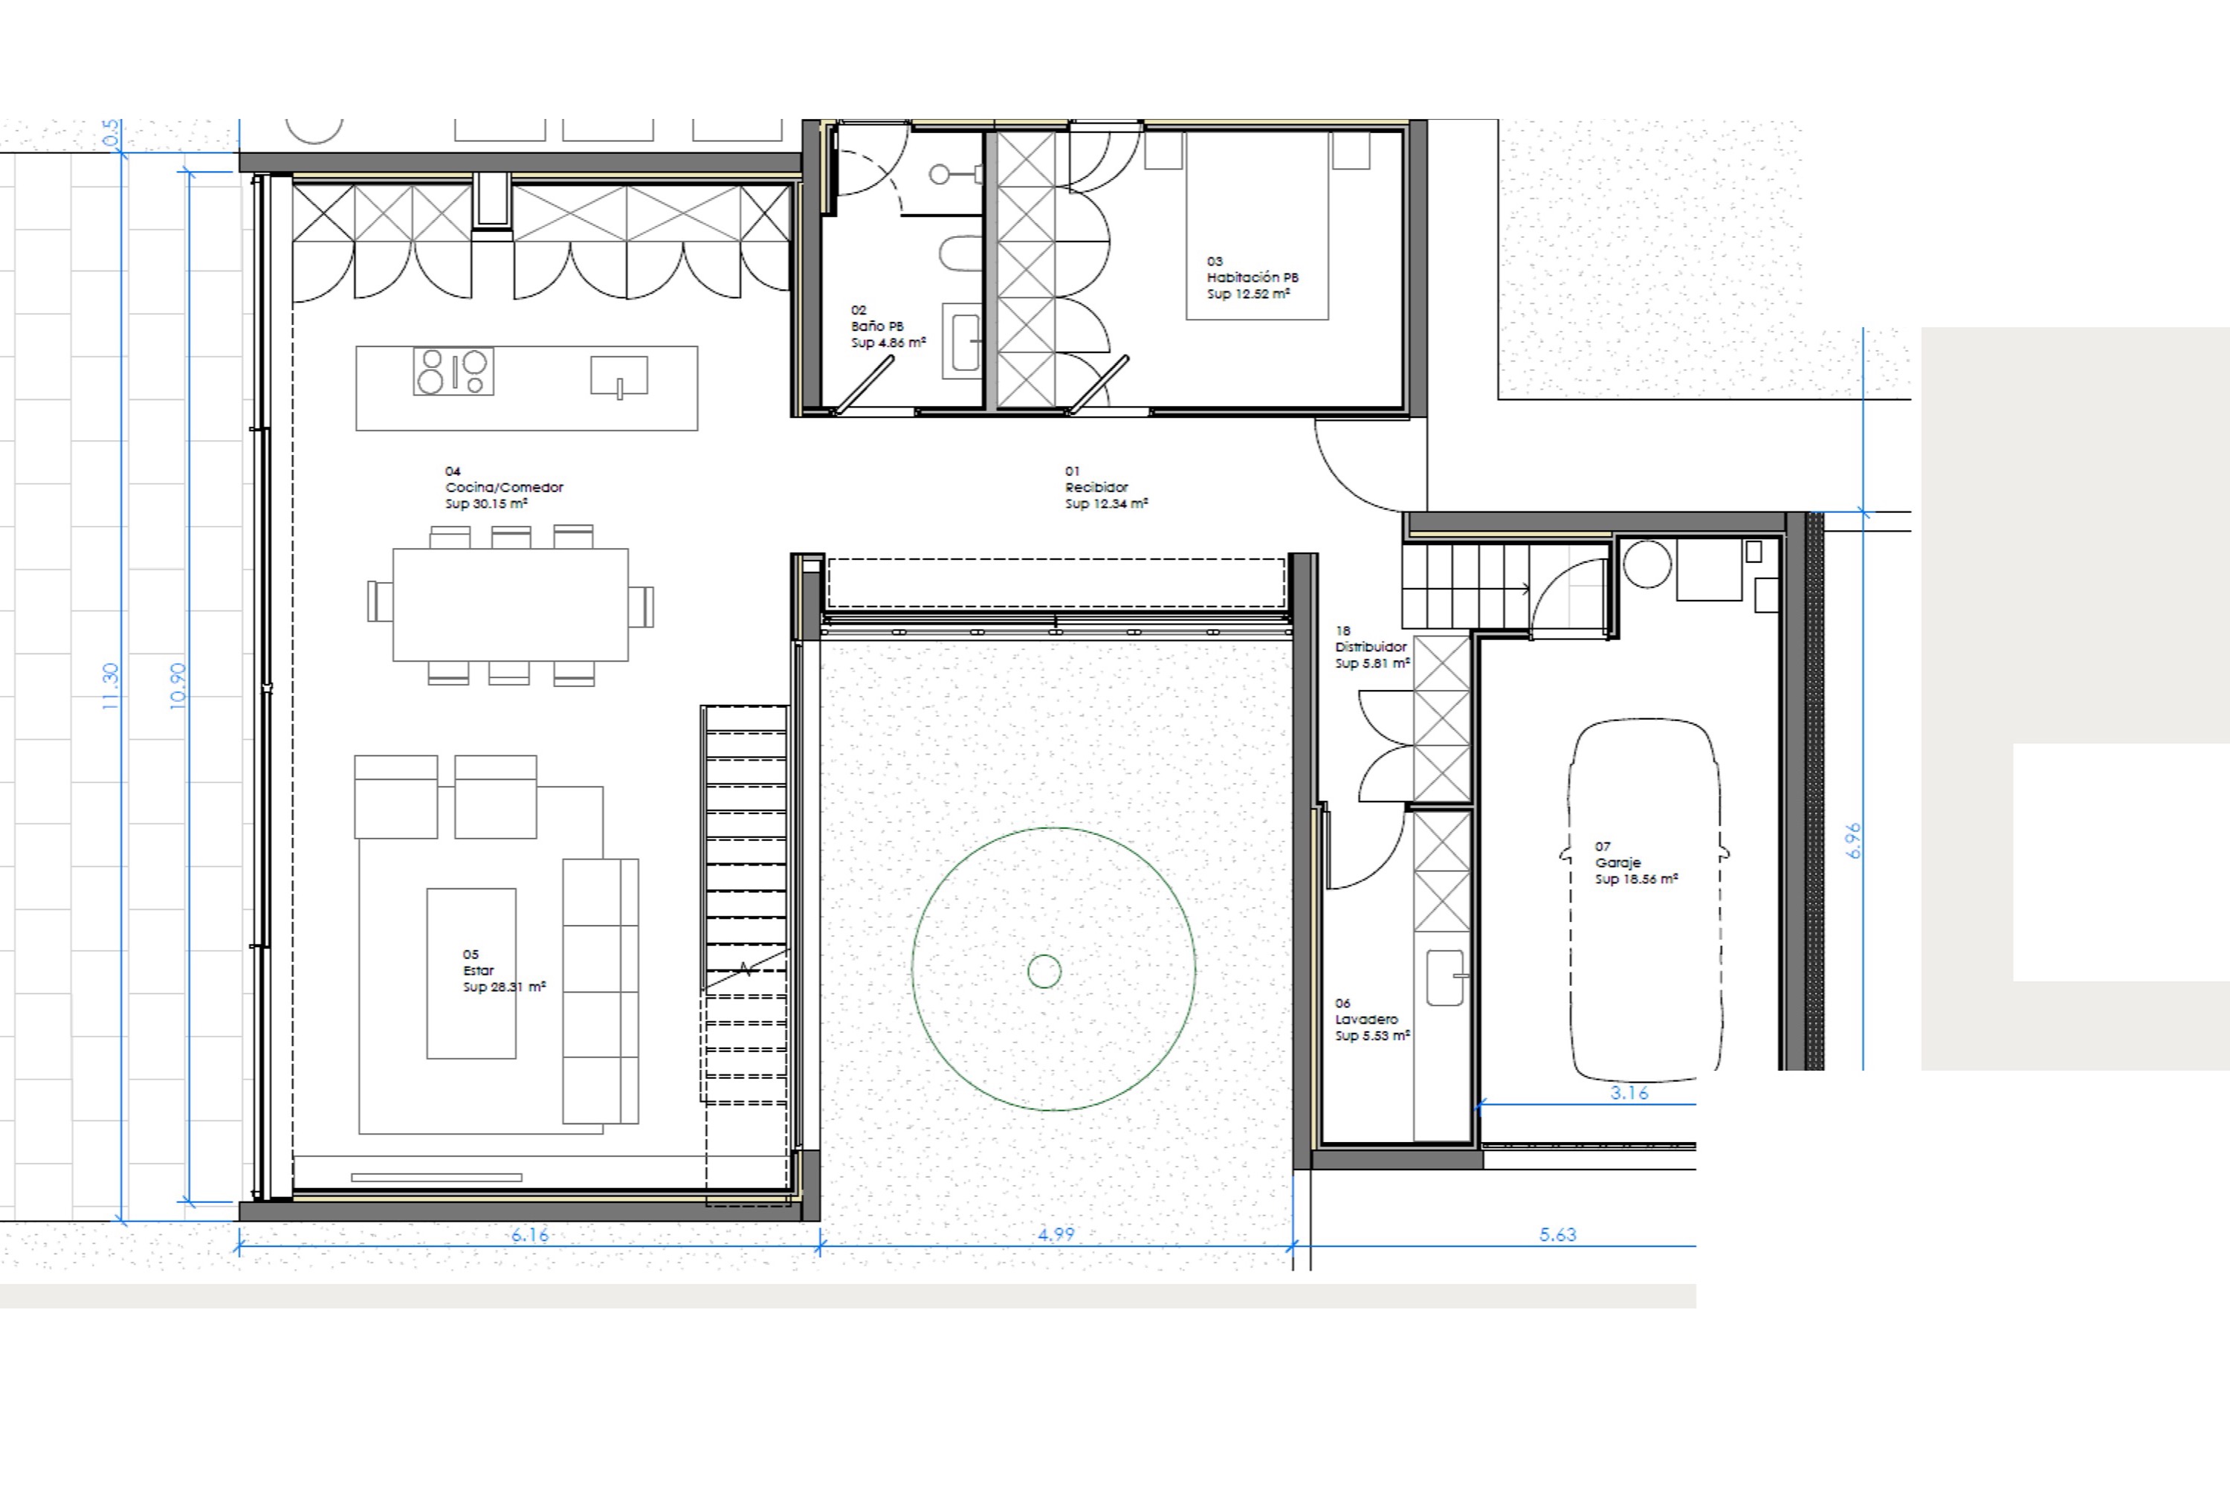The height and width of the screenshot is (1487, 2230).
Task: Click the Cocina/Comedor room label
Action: pos(505,488)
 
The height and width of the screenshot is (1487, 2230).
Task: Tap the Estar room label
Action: pos(479,970)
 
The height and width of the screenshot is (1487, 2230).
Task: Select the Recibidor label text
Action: pos(1096,488)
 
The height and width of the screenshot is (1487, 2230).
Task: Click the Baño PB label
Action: pos(877,326)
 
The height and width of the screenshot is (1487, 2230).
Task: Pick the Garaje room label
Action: pos(1617,863)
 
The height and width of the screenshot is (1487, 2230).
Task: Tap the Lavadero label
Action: pos(1366,1019)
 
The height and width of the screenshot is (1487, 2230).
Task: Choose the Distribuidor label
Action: pos(1371,647)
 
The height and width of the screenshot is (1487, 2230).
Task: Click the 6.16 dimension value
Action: pos(530,1235)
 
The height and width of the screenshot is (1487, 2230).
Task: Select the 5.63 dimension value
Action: pos(1558,1235)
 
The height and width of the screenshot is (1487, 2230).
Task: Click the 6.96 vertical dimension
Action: pos(1855,841)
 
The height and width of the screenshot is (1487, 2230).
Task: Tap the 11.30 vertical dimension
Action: pos(110,686)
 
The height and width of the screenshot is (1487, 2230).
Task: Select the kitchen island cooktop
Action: pos(453,372)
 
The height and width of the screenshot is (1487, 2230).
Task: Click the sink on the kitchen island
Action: pos(619,375)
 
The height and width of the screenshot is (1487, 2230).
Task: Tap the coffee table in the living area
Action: pos(471,973)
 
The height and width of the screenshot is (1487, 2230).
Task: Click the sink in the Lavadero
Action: pos(1446,978)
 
